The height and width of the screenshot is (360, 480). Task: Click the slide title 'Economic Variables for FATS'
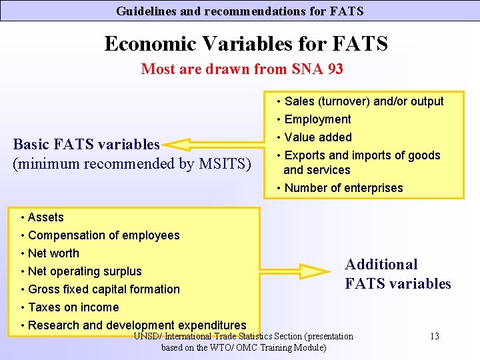(246, 44)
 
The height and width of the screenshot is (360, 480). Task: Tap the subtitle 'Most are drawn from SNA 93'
(242, 69)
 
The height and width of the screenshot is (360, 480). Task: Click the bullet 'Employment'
(317, 119)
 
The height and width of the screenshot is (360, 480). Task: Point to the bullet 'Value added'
(318, 137)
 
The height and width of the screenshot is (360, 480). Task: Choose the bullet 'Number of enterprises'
(343, 188)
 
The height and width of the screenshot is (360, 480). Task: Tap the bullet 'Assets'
(45, 217)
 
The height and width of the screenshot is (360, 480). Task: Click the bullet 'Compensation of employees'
(103, 235)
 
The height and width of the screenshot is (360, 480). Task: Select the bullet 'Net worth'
(53, 253)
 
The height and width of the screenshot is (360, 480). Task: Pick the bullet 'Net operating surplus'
(85, 271)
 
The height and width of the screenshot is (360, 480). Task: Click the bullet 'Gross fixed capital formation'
(103, 289)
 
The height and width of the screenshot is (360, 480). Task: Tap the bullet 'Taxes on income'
(73, 307)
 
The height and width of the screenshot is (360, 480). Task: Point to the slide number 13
(434, 336)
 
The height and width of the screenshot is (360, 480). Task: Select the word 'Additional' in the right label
(381, 265)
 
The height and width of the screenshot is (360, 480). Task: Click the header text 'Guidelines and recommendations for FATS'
(240, 11)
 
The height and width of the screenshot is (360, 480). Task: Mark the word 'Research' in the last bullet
(54, 325)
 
